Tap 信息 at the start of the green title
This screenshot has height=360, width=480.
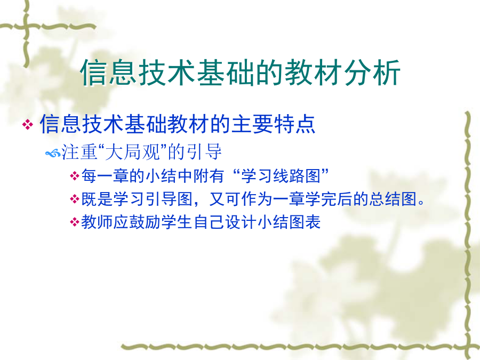[108, 73]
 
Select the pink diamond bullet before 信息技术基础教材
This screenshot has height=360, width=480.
[28, 125]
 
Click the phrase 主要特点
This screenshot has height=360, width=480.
[274, 124]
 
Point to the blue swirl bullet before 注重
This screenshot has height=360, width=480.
[53, 153]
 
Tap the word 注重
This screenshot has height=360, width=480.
[79, 152]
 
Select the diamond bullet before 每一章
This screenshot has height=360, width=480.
[74, 176]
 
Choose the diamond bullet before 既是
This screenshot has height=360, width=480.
[74, 199]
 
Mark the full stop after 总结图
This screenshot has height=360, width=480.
[421, 203]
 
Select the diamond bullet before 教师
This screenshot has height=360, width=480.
[74, 222]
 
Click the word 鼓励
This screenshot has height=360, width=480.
[145, 222]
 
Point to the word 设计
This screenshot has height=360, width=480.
[241, 222]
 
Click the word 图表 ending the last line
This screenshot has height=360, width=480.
[305, 222]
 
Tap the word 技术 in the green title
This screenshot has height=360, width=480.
[166, 73]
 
